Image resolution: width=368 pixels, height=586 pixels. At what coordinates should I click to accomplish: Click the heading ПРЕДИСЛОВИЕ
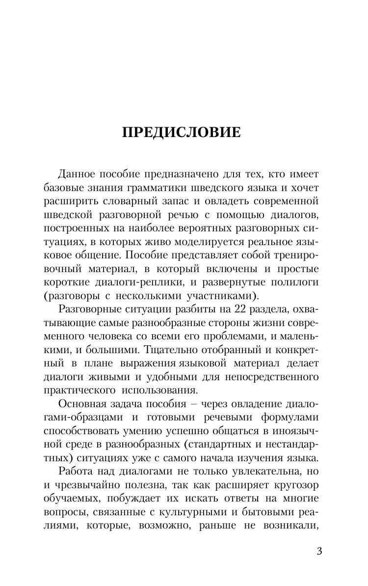tap(182, 133)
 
